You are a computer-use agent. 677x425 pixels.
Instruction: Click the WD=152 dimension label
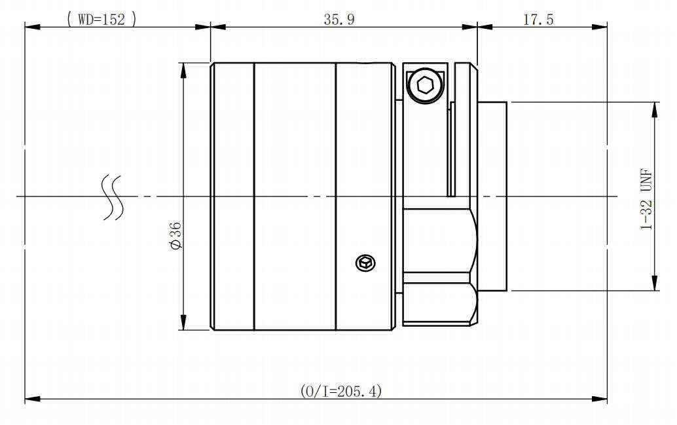[x=102, y=19]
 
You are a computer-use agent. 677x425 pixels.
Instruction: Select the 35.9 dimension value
[x=339, y=20]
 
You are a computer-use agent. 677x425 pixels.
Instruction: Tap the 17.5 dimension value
[x=538, y=20]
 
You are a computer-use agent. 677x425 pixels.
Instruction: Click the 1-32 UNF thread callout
[x=646, y=199]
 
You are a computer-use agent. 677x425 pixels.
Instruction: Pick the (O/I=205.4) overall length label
[x=340, y=392]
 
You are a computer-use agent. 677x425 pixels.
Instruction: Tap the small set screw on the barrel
[x=365, y=263]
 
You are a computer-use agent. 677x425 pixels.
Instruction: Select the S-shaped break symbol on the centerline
[x=112, y=197]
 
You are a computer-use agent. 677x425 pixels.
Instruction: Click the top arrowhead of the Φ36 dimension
[x=183, y=71]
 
